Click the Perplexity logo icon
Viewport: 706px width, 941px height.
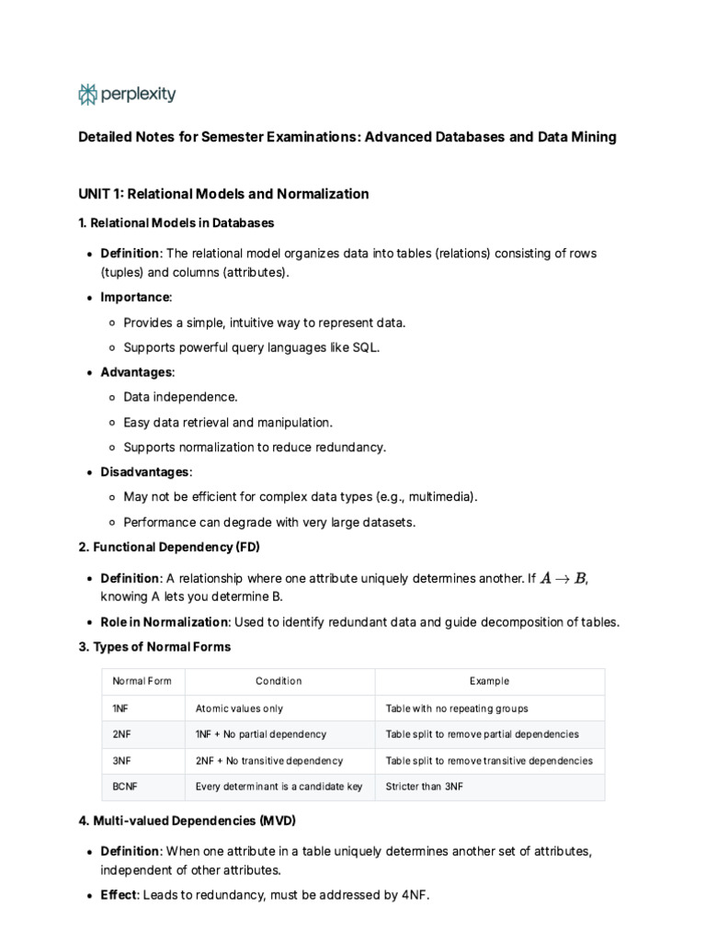point(88,94)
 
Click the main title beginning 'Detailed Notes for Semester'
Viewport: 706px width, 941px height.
point(347,137)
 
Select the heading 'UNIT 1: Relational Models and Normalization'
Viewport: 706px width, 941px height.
point(223,194)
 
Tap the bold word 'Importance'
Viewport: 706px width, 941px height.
point(135,297)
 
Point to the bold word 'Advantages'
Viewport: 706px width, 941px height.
point(136,372)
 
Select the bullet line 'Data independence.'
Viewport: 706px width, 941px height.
point(180,397)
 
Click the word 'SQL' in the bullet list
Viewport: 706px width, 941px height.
point(365,347)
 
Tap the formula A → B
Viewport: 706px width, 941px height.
point(563,578)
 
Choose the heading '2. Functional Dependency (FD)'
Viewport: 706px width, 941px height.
point(169,548)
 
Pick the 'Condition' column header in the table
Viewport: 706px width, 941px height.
point(279,681)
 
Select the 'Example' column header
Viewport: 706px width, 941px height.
point(489,681)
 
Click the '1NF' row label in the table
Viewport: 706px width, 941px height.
point(120,709)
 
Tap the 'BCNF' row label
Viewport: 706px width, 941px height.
point(125,787)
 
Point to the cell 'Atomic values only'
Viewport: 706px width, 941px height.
point(239,709)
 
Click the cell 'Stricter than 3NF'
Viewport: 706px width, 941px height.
point(425,787)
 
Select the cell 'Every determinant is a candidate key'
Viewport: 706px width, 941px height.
point(279,787)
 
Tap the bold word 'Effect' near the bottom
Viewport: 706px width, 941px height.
point(118,894)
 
